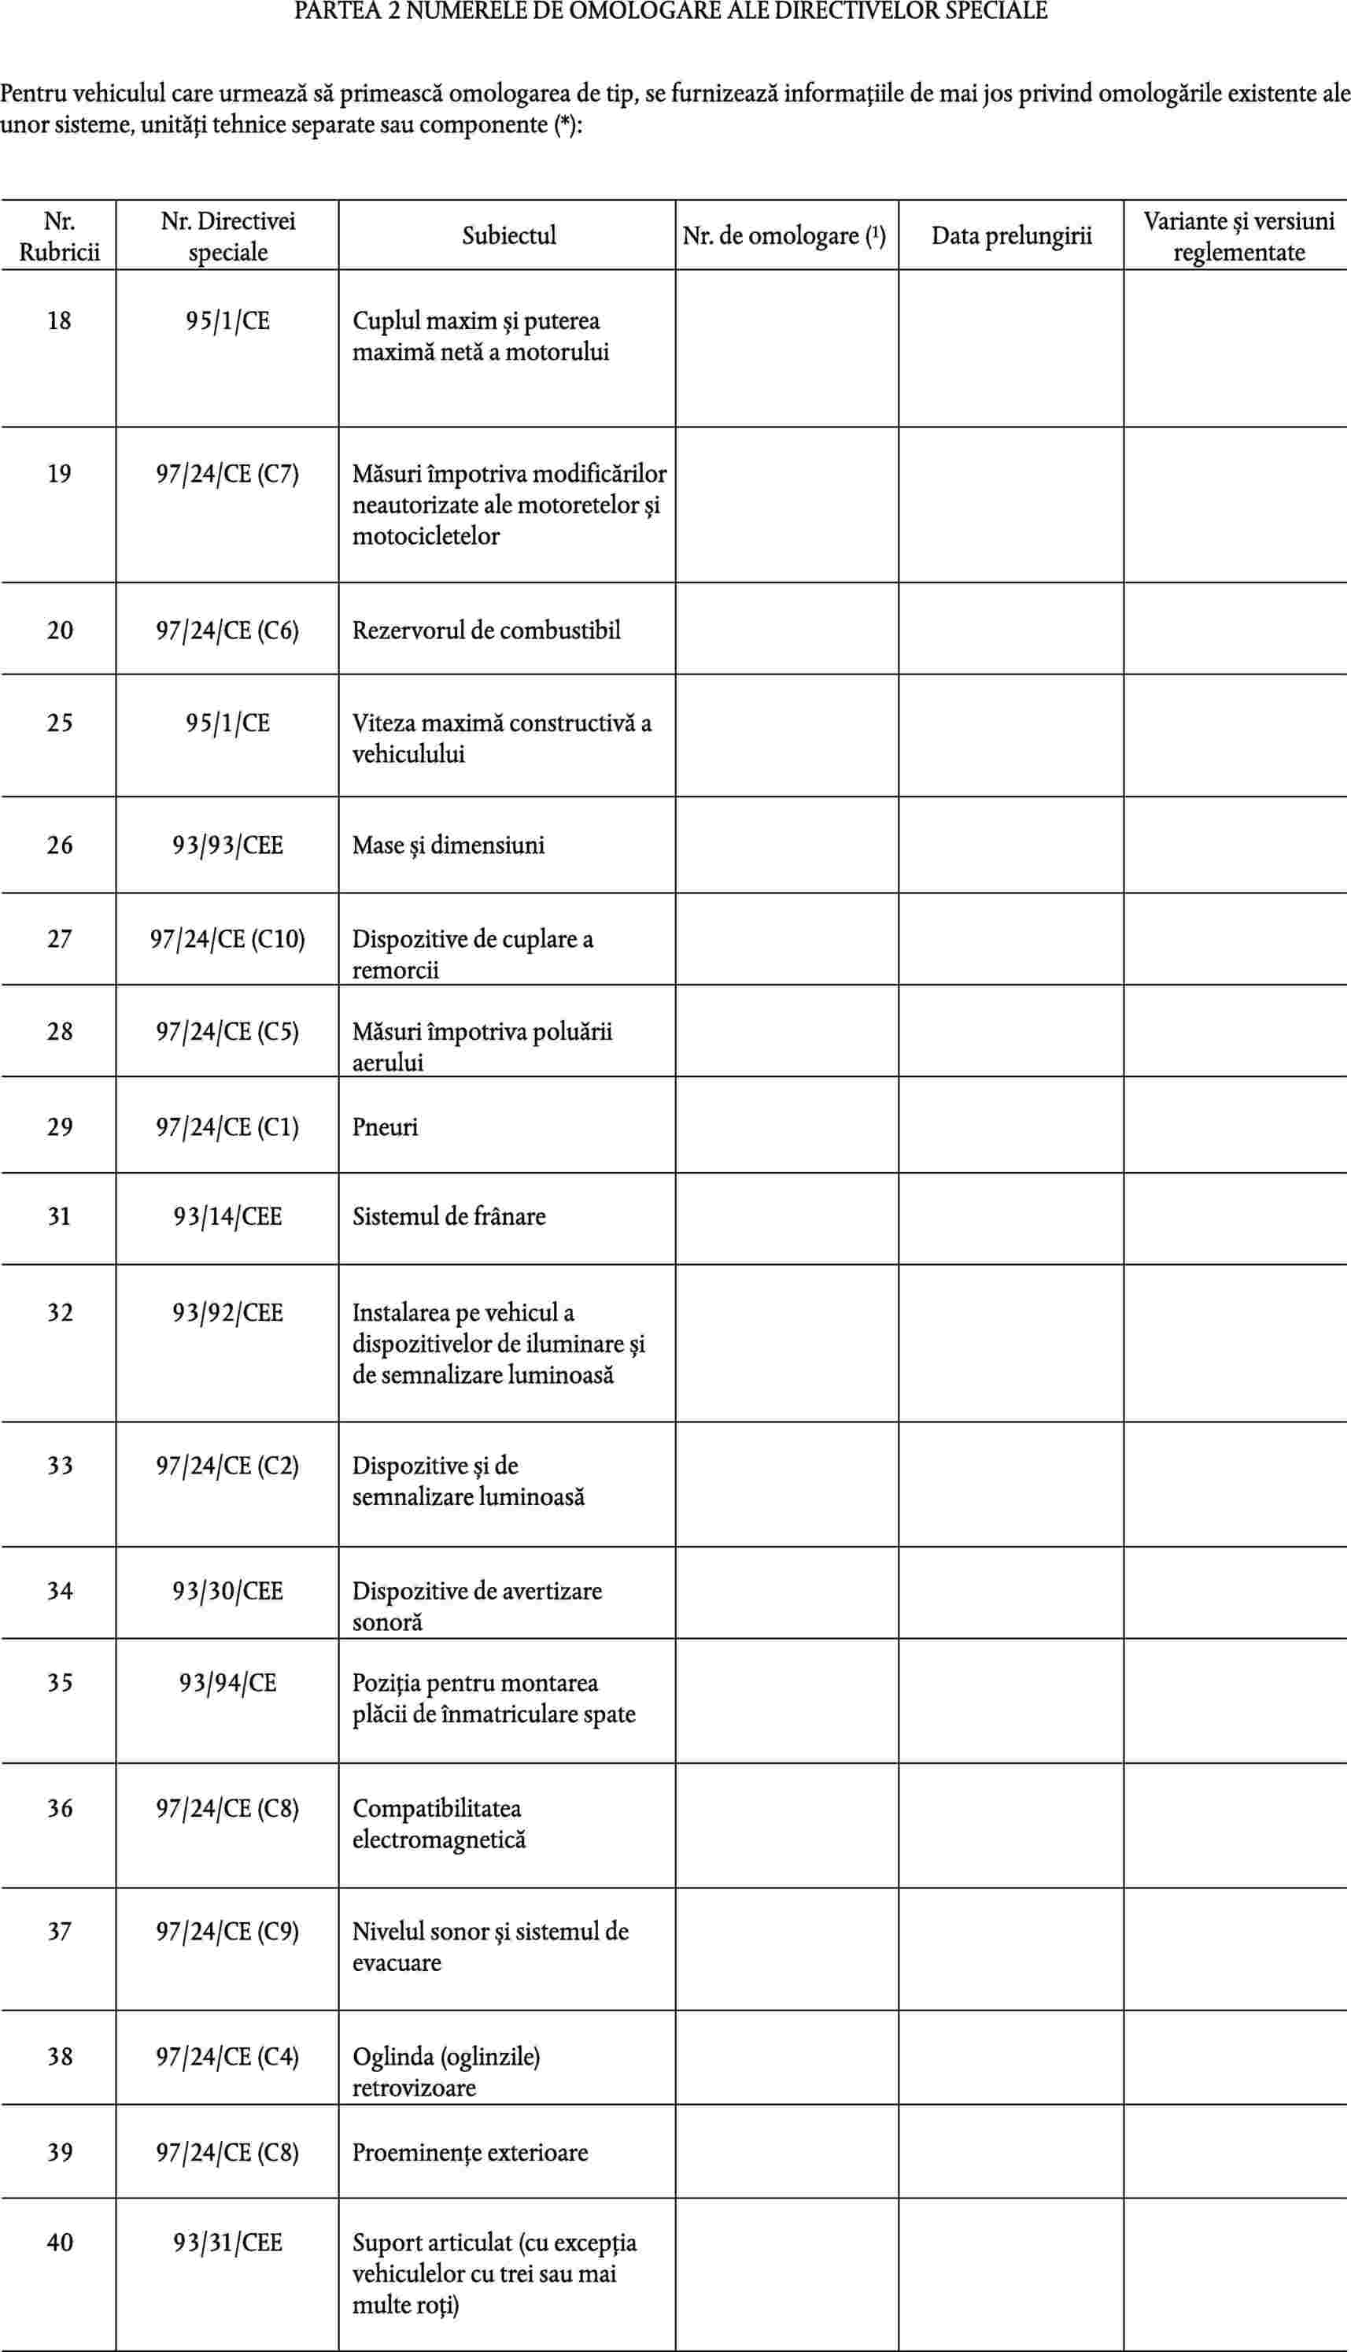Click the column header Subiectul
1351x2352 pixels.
[x=508, y=236]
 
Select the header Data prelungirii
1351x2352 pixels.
[x=1010, y=236]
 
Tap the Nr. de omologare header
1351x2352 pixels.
[x=784, y=236]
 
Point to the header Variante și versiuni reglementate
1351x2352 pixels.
[x=1238, y=236]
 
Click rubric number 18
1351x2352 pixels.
[x=59, y=321]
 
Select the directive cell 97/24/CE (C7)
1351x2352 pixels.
[x=227, y=475]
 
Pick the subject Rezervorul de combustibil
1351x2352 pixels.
[x=486, y=631]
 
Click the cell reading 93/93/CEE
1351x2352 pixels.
[x=227, y=845]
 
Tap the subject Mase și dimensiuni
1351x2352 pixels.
[x=448, y=845]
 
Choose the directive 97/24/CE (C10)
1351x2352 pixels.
[x=227, y=939]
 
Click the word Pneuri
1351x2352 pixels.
[x=385, y=1127]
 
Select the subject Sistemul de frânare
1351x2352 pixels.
[x=448, y=1217]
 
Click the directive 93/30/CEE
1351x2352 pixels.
[x=227, y=1591]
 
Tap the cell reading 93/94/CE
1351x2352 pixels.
[x=227, y=1683]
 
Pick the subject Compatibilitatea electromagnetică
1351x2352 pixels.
[x=438, y=1824]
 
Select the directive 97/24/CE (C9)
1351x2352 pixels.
[x=227, y=1932]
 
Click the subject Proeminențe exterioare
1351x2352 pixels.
[x=470, y=2152]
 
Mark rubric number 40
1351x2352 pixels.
[x=59, y=2243]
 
